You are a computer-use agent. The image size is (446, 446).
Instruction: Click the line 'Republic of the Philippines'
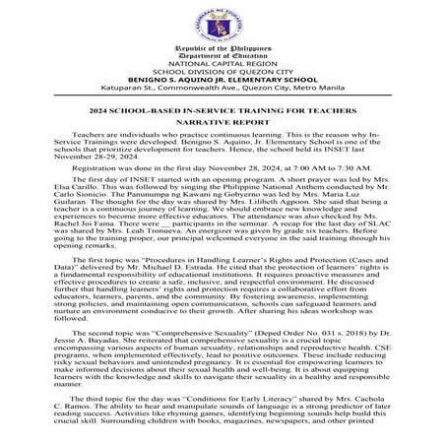(223, 48)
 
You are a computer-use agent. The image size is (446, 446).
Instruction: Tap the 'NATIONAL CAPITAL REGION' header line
(223, 67)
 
